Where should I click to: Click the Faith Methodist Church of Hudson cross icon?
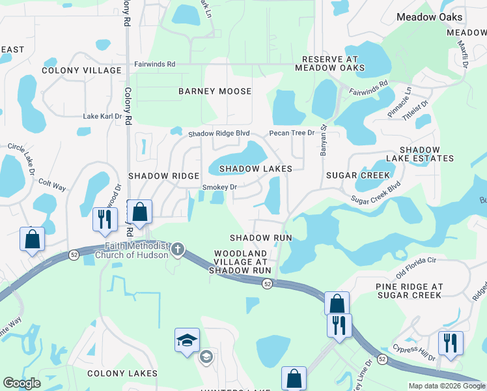coord(178,249)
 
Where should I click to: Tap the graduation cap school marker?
coord(187,340)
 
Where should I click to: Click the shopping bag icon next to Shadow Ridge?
coord(139,212)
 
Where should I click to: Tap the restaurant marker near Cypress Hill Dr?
coord(451,342)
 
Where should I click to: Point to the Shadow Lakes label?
coord(255,169)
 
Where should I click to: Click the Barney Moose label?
coord(215,91)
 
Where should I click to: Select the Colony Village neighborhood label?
coord(81,70)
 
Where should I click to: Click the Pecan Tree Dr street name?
coord(292,134)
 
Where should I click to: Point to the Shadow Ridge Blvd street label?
coord(219,134)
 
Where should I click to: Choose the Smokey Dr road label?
coord(219,187)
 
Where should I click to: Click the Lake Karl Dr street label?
coord(103,116)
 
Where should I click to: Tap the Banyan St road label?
coord(322,141)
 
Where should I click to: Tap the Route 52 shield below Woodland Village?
coord(267,283)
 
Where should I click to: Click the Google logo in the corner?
coord(21,383)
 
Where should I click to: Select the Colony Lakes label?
coord(122,373)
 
